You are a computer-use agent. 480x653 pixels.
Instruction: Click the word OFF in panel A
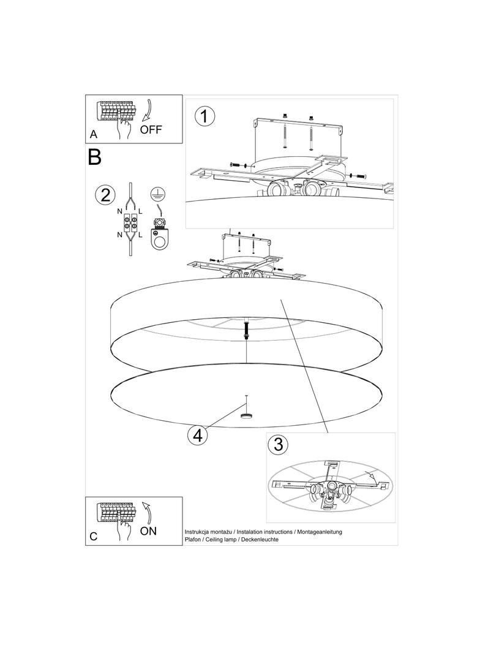151,129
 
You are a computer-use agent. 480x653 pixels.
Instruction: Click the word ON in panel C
148,531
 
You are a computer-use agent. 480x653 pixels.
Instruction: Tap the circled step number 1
204,116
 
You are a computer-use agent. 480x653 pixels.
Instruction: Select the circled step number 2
105,195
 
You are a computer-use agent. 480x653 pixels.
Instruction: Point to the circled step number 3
278,444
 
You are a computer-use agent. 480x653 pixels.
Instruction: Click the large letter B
94,157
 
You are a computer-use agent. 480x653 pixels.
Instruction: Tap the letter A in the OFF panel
94,134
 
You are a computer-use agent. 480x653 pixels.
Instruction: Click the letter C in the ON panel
93,537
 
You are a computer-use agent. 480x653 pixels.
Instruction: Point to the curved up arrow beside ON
148,512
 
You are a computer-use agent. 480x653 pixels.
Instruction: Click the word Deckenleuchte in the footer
260,540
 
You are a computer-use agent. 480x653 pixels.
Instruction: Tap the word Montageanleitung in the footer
320,532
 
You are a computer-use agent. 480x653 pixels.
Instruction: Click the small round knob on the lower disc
247,415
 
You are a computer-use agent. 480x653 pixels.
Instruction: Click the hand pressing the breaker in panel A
124,129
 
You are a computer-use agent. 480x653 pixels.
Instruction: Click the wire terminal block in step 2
130,222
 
